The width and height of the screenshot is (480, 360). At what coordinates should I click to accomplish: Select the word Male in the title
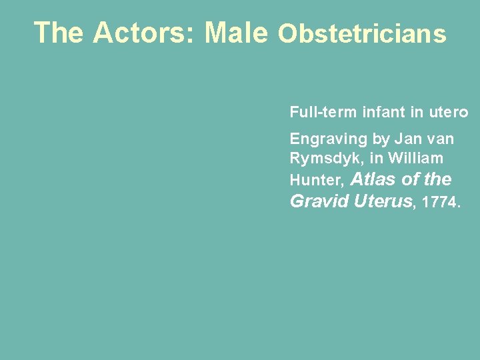click(x=237, y=33)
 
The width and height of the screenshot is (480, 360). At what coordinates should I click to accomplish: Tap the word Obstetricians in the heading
click(x=361, y=33)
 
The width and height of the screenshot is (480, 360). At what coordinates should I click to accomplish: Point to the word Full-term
click(x=323, y=112)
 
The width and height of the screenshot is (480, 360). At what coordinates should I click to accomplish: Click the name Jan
click(x=407, y=139)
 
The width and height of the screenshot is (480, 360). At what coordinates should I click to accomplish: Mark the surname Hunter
click(x=316, y=180)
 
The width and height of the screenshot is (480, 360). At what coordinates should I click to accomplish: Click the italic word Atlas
click(x=374, y=179)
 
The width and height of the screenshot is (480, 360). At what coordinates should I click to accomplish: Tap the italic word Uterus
click(x=383, y=201)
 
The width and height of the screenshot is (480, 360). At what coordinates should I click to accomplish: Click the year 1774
click(x=440, y=201)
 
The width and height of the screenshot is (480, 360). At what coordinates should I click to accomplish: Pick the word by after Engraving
click(x=381, y=139)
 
